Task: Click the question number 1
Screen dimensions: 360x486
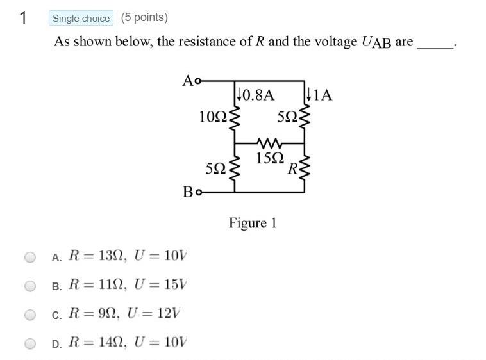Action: point(23,18)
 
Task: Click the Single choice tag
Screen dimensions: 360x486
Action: point(81,19)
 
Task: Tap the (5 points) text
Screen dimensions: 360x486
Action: point(144,18)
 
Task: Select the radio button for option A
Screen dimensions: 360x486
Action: point(30,257)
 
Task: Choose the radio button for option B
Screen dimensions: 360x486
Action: point(30,286)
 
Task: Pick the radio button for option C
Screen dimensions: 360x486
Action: point(30,315)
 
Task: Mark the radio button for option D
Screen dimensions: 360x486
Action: point(30,343)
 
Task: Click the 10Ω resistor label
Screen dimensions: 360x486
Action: point(211,117)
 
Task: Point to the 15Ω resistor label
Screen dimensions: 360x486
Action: point(269,158)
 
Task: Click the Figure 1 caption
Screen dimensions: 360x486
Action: point(253,223)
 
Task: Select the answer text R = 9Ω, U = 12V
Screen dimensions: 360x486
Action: point(124,314)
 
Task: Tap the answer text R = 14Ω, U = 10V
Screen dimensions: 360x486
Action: point(128,343)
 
